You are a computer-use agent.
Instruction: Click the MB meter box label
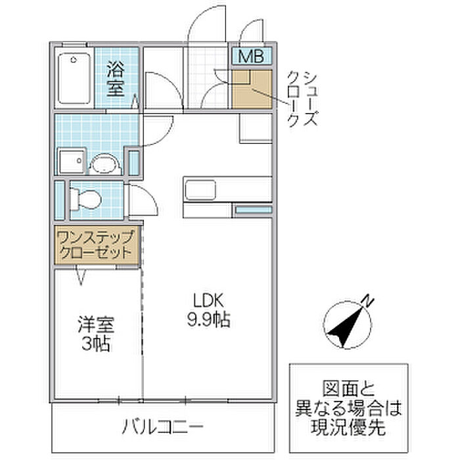pos(250,57)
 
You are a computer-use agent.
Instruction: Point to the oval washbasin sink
pos(103,162)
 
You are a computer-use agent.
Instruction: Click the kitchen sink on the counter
pos(198,190)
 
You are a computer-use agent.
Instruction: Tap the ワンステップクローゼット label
pos(97,244)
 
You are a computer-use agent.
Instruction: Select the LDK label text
pos(209,300)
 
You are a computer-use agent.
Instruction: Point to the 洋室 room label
pos(96,324)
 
